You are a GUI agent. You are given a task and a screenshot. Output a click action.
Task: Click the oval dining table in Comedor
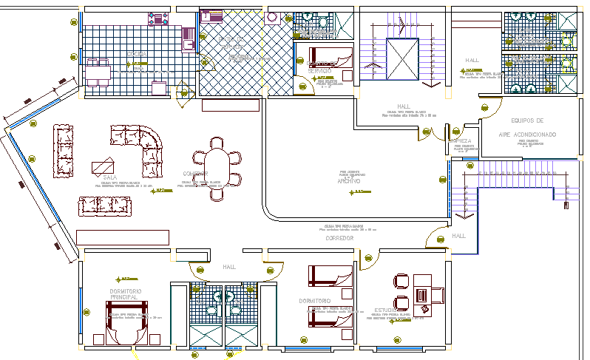click(216, 169)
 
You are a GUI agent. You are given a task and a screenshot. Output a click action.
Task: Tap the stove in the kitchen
click(160, 18)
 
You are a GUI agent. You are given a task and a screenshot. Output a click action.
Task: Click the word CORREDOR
click(339, 239)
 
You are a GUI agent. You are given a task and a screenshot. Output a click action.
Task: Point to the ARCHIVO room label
click(348, 181)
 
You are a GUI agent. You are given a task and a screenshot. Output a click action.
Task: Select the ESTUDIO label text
click(387, 310)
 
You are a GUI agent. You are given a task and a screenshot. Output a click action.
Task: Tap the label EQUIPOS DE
click(527, 120)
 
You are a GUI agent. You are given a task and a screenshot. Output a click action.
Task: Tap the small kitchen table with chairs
click(97, 72)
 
